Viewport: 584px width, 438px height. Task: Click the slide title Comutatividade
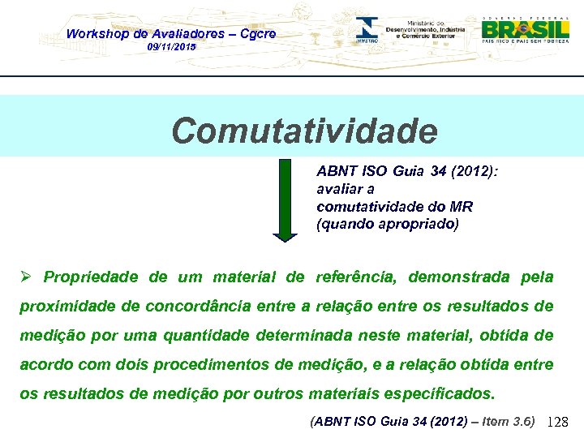pyautogui.click(x=304, y=130)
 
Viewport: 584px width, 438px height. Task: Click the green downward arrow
pyautogui.click(x=285, y=200)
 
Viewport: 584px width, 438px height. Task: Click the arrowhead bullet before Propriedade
pyautogui.click(x=27, y=277)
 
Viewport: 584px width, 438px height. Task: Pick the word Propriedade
pyautogui.click(x=92, y=277)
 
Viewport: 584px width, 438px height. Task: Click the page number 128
pyautogui.click(x=559, y=422)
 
